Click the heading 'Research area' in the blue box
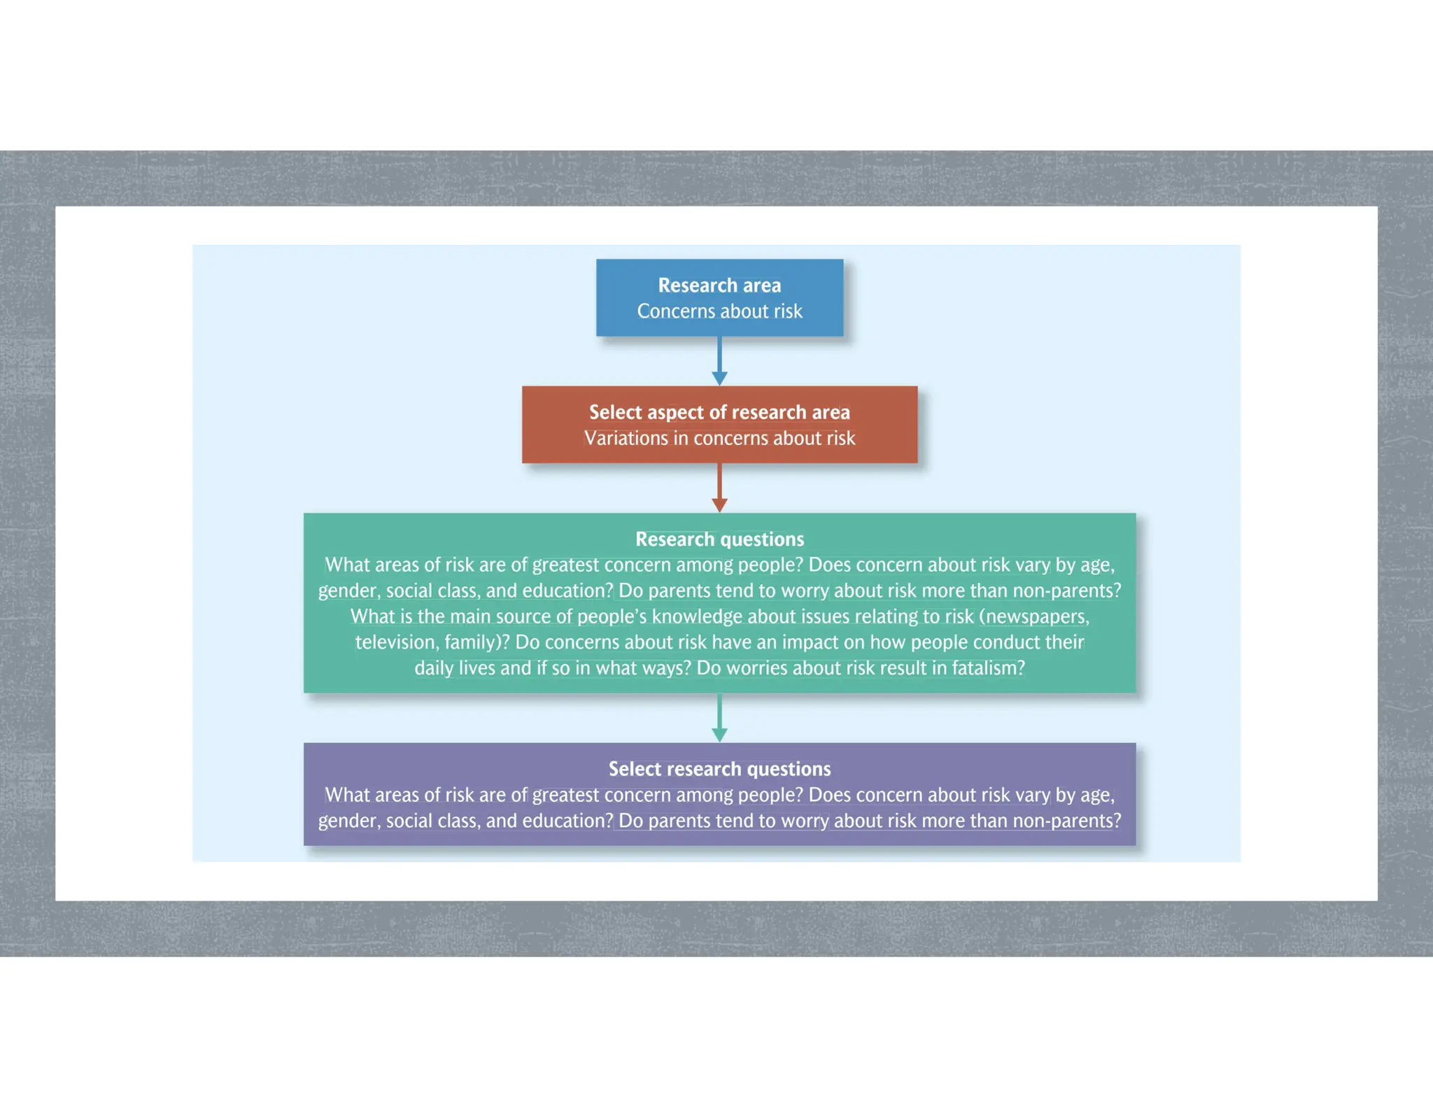(x=719, y=285)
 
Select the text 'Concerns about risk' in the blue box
(x=719, y=311)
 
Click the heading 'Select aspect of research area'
(x=719, y=412)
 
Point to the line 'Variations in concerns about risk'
(x=719, y=439)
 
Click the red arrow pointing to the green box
(x=719, y=488)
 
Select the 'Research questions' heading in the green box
(x=719, y=540)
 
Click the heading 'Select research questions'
(x=719, y=769)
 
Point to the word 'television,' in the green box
(x=397, y=642)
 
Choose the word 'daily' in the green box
(x=434, y=668)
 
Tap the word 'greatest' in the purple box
(x=565, y=796)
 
